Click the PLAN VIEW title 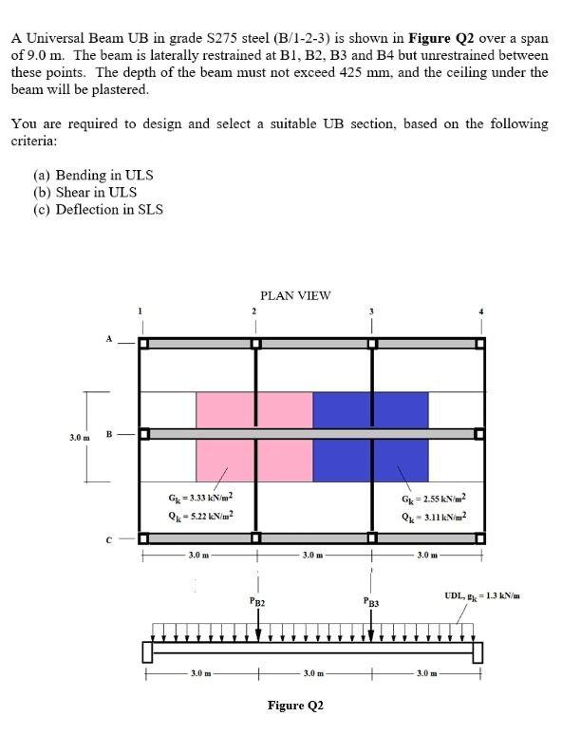point(295,295)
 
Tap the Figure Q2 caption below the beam point(295,706)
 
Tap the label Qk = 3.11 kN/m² point(435,517)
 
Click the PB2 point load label point(256,602)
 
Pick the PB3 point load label point(371,602)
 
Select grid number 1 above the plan point(142,311)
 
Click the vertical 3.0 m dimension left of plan point(80,437)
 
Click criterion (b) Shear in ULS point(84,192)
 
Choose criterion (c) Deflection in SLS point(97,208)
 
